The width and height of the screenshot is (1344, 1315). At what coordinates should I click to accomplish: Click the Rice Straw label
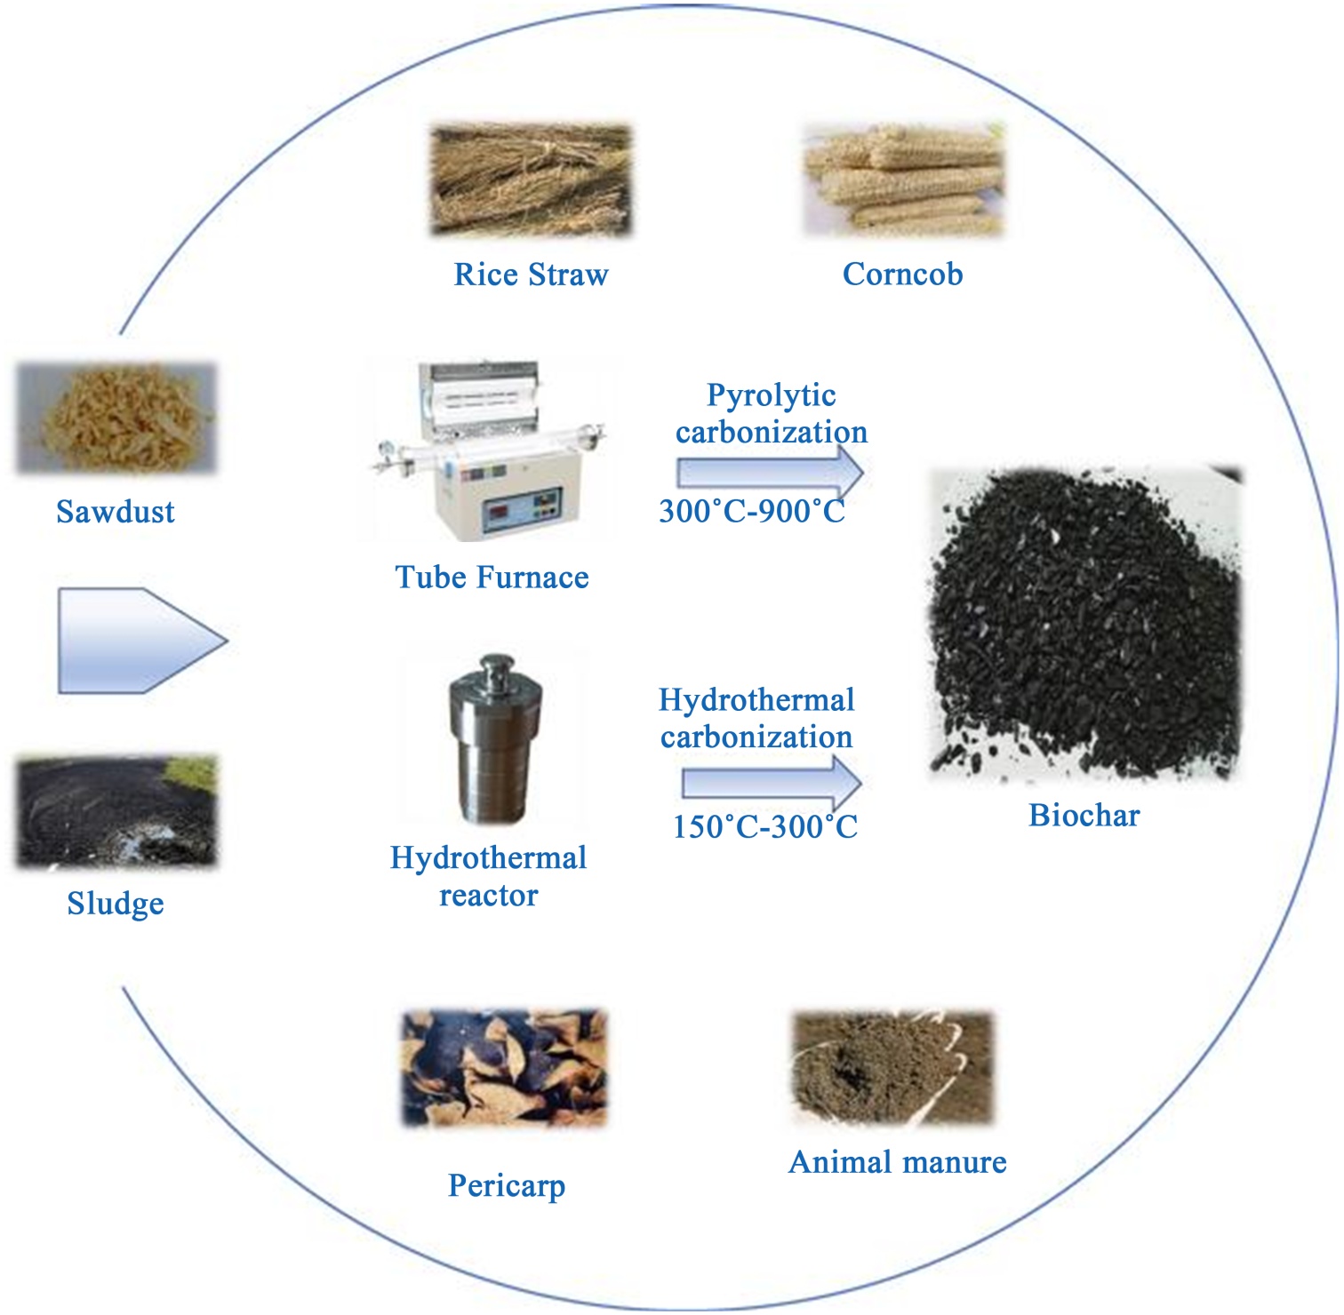(x=531, y=275)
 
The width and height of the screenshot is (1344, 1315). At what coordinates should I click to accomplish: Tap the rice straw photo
(x=532, y=180)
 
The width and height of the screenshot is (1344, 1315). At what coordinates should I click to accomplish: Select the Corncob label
(x=902, y=274)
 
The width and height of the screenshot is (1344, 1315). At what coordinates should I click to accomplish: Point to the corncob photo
(x=904, y=180)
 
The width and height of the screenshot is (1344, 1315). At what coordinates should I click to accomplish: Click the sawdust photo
(x=116, y=418)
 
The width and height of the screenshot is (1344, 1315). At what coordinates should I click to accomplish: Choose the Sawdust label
(x=116, y=512)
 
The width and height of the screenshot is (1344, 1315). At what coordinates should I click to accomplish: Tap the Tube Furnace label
(x=492, y=578)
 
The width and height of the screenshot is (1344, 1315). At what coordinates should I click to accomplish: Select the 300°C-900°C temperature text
(x=752, y=512)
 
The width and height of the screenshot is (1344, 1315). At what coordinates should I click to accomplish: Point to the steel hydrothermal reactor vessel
(x=494, y=739)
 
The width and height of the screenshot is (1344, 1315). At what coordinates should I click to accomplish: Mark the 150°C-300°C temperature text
(x=764, y=827)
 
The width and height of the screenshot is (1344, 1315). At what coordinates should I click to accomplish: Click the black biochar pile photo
(x=1084, y=622)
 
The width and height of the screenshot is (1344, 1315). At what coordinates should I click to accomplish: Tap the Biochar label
(x=1084, y=816)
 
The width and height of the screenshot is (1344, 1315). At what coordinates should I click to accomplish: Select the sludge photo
(x=116, y=812)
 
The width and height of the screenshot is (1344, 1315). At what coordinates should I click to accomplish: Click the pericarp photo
(x=505, y=1068)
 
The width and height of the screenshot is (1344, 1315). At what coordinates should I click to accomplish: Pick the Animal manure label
(x=898, y=1162)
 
